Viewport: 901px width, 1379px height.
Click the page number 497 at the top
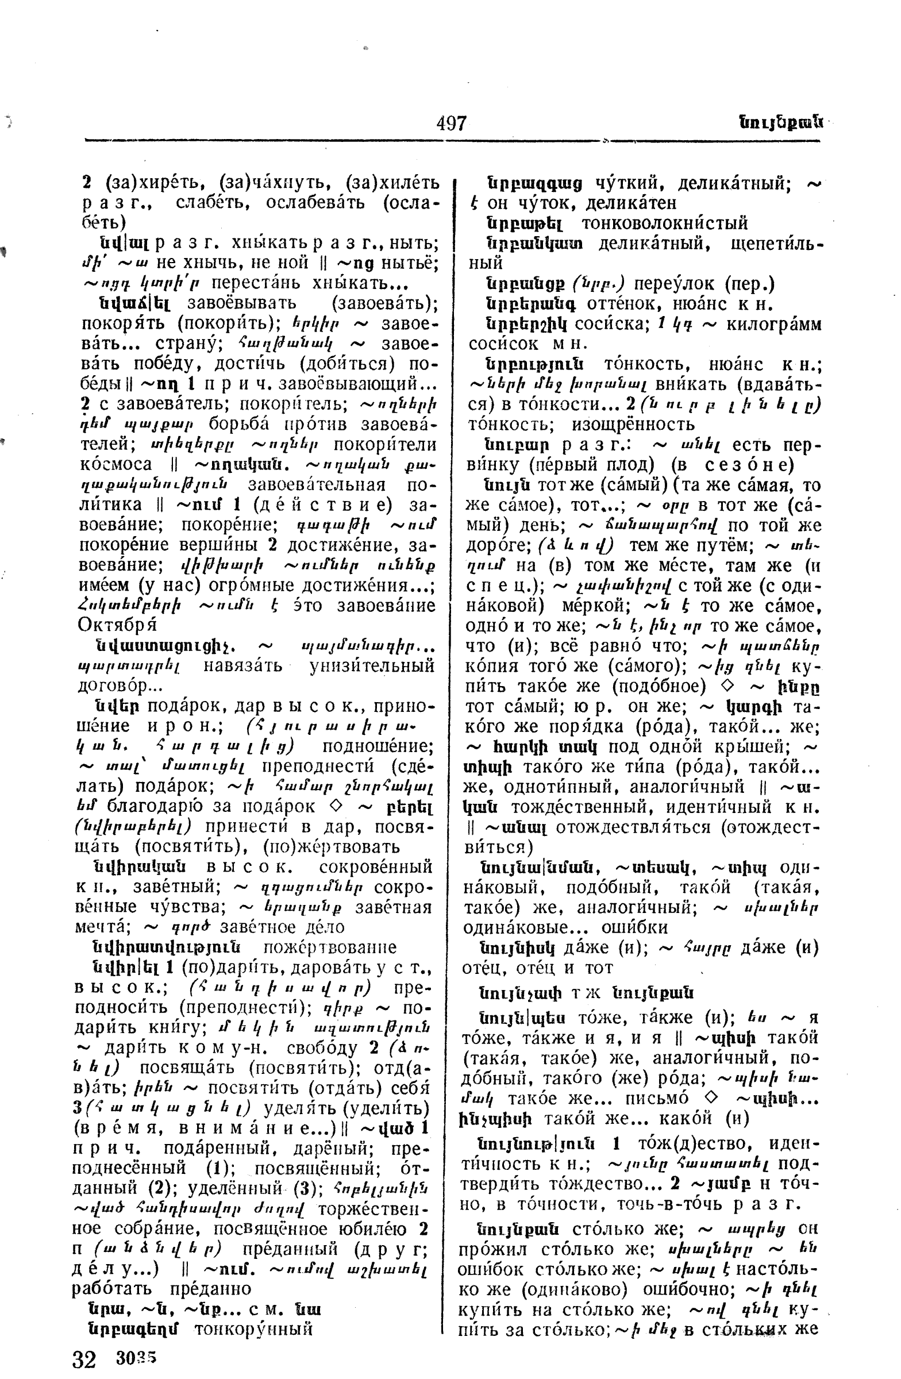click(x=452, y=124)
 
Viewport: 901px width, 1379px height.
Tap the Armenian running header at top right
click(x=780, y=123)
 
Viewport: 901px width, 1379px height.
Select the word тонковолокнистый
click(x=665, y=223)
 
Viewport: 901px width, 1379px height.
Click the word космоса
click(x=116, y=464)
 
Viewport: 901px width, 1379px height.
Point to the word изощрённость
click(x=633, y=424)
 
